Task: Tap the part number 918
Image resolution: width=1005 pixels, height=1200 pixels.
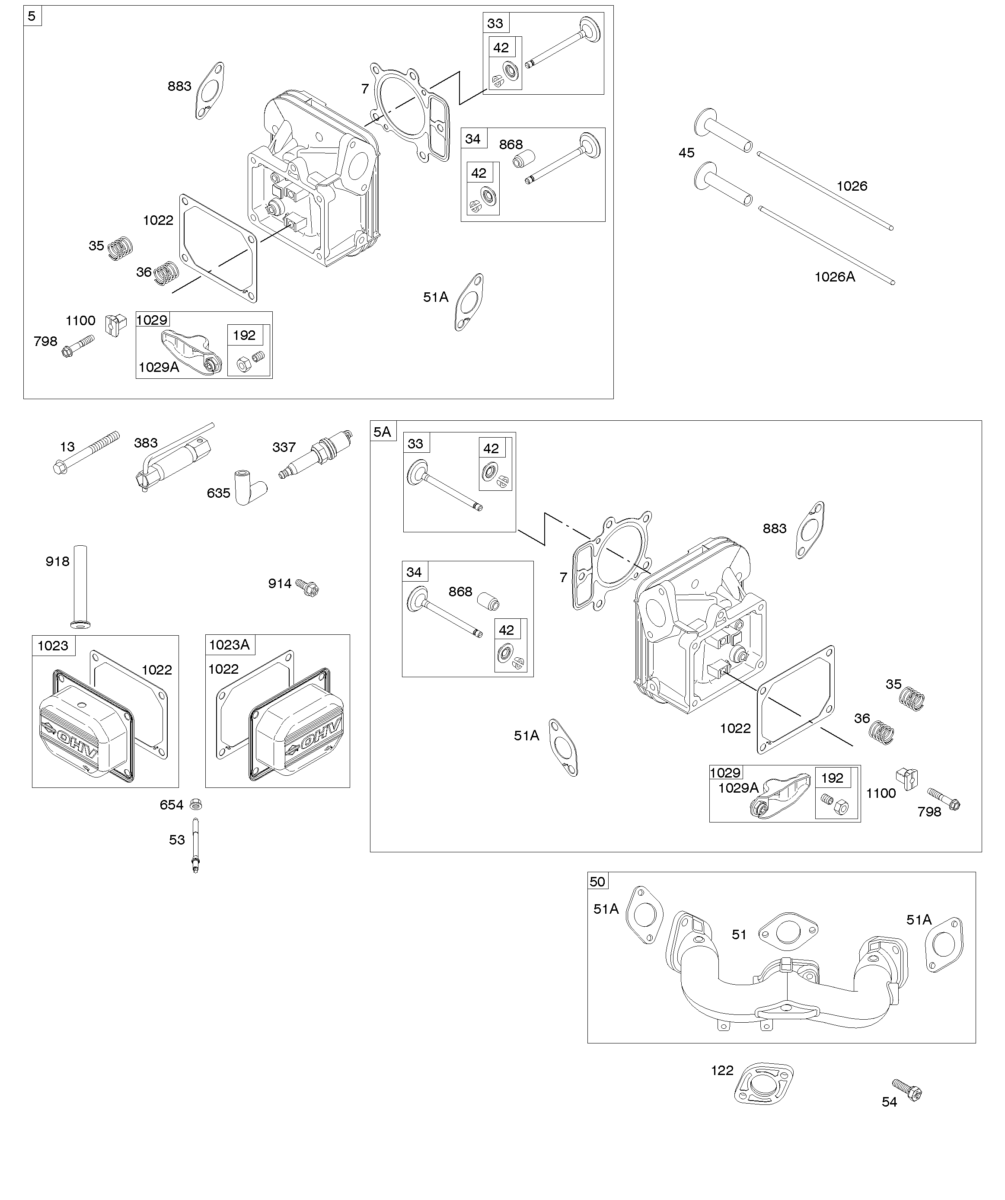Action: click(57, 561)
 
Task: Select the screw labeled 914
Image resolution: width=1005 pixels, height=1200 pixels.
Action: click(307, 587)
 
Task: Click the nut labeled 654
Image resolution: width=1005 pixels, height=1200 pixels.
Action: click(195, 805)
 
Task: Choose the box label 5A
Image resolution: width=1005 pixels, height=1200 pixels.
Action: click(382, 432)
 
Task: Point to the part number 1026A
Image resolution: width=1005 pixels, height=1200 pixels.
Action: click(835, 277)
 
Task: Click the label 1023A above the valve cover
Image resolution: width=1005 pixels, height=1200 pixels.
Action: click(230, 645)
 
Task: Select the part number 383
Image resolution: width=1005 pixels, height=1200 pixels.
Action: click(146, 443)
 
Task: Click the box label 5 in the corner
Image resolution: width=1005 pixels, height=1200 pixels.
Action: click(32, 16)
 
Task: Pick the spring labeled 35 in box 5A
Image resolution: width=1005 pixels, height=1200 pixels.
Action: click(912, 699)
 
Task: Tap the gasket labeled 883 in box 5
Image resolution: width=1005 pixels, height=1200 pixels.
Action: click(210, 90)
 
